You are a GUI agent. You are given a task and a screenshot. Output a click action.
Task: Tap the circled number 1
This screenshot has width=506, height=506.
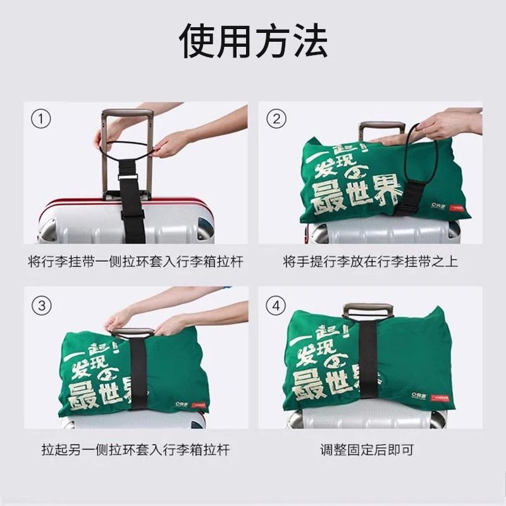[41, 118]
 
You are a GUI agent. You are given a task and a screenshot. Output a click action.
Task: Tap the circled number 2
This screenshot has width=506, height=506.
[276, 118]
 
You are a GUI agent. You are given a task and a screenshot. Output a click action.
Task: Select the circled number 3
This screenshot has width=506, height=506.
[41, 306]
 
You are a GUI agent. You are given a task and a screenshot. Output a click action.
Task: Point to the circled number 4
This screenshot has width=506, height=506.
[276, 306]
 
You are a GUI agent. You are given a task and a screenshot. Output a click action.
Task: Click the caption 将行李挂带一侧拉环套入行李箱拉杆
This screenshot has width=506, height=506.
[135, 262]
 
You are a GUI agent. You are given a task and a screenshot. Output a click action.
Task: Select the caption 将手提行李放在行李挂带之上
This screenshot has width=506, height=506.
[370, 262]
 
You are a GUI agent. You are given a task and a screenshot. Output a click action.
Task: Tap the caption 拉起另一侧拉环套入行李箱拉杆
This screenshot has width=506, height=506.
[135, 450]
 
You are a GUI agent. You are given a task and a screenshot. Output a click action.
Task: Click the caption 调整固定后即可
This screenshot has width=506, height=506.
[370, 450]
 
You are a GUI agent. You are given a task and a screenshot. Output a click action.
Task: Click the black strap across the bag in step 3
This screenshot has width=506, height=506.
[139, 373]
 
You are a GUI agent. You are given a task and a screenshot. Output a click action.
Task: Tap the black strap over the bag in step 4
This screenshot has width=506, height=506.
[367, 367]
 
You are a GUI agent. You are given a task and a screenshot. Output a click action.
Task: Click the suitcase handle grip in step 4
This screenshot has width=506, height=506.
[367, 311]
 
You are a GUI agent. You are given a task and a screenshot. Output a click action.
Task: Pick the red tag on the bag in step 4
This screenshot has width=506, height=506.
[440, 398]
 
